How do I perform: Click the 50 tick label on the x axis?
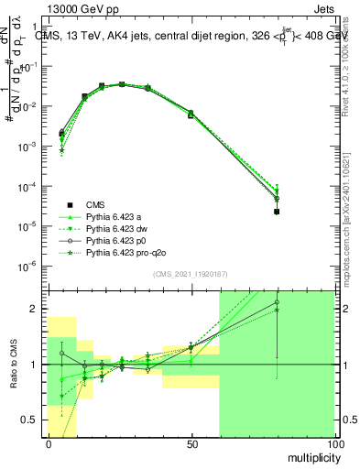pos(191,442)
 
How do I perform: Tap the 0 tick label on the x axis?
pos(49,442)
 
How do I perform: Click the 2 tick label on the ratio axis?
pos(37,309)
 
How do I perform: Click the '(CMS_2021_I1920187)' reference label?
pos(189,274)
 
